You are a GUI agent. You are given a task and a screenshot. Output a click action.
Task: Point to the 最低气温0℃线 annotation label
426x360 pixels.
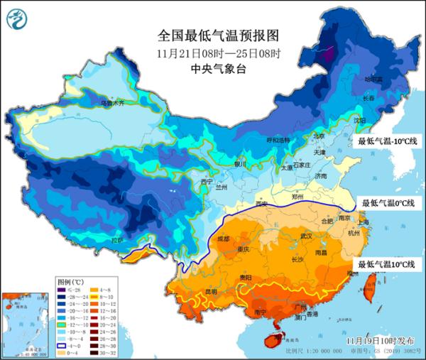388,203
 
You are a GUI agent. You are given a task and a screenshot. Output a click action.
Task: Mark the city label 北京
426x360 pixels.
319,136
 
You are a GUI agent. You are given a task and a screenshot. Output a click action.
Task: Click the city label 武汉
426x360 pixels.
306,235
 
